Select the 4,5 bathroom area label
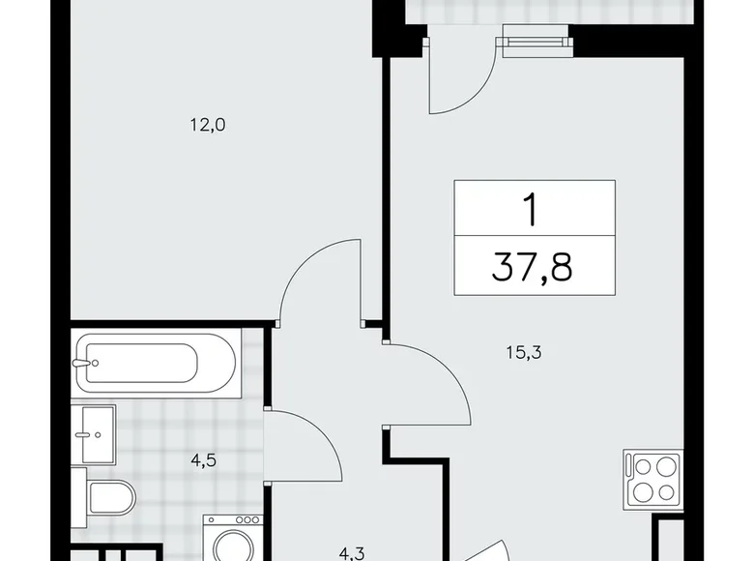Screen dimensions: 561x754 pyautogui.click(x=202, y=459)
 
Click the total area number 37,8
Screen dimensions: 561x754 pyautogui.click(x=532, y=265)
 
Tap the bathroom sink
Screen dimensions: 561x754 pyautogui.click(x=94, y=434)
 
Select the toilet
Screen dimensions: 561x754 pyautogui.click(x=108, y=498)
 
